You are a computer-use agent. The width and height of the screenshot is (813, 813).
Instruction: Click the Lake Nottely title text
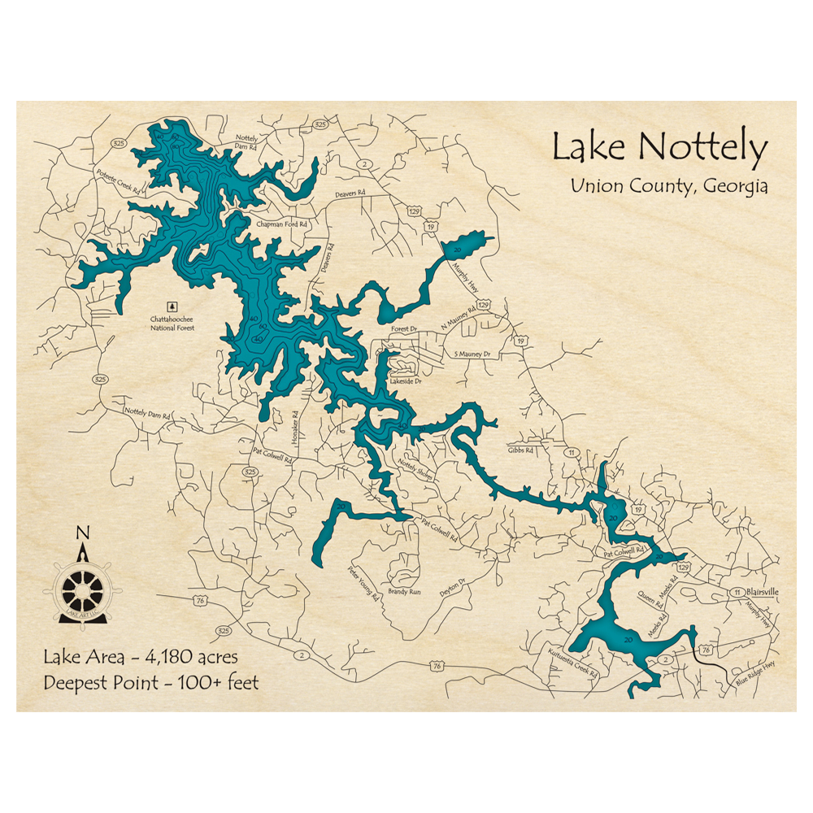(x=659, y=148)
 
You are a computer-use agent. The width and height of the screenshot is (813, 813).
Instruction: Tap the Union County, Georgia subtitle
(x=668, y=185)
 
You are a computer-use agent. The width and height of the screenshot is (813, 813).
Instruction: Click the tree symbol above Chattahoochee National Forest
(x=172, y=307)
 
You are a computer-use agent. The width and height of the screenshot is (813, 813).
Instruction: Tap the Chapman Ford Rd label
(x=281, y=224)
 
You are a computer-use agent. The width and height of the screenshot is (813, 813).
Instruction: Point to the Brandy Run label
(x=404, y=592)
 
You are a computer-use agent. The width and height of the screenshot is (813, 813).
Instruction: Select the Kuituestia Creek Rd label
(x=572, y=663)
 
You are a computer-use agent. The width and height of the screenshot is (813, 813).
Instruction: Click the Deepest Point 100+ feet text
(x=151, y=682)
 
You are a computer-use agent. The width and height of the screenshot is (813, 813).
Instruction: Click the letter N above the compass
(x=81, y=533)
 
